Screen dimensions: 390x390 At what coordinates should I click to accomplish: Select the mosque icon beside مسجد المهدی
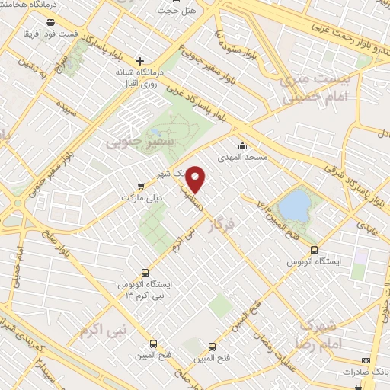click(243, 145)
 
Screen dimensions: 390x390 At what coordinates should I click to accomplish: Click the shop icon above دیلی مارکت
click(139, 185)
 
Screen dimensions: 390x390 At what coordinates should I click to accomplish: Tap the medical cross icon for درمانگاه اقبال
click(139, 61)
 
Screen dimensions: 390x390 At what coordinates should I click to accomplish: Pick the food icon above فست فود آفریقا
click(50, 23)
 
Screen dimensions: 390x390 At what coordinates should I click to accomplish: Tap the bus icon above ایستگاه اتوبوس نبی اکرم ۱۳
click(145, 272)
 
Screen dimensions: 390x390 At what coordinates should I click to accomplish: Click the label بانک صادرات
click(365, 372)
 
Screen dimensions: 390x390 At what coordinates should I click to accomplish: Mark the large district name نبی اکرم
click(102, 332)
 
